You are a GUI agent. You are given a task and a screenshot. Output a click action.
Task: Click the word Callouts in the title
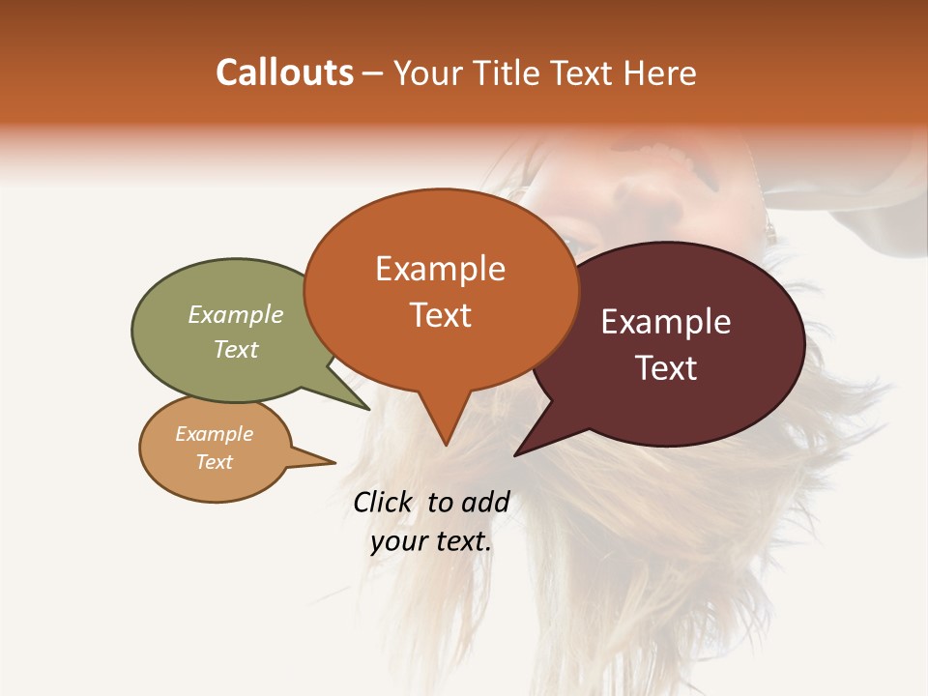284,72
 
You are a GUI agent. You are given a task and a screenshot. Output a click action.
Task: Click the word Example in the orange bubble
440,269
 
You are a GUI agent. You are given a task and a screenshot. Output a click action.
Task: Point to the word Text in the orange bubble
440,315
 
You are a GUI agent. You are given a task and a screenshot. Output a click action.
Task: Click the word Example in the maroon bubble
666,322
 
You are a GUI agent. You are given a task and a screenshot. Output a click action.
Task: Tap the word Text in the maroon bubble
666,368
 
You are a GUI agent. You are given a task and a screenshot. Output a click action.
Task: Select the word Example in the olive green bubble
236,315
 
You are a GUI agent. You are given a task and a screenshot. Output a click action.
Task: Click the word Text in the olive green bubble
236,349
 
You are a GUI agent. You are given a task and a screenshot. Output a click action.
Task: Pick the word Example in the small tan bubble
215,434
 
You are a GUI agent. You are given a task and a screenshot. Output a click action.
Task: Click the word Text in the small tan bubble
215,462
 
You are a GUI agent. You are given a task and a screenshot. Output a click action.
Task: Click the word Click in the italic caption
384,502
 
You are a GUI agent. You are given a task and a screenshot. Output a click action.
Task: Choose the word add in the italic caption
485,502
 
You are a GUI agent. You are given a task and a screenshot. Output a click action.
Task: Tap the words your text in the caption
431,541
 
